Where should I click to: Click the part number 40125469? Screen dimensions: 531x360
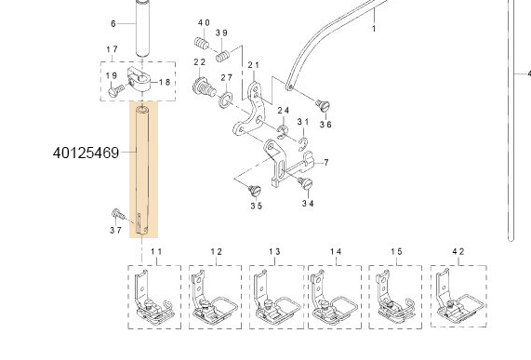pos(86,153)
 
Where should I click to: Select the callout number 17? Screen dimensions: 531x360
pos(113,49)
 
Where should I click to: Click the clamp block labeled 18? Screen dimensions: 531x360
pos(139,79)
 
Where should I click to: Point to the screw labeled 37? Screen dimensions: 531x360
pos(118,214)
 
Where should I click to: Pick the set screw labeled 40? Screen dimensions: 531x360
pos(202,43)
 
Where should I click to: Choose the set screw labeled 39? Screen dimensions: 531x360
pos(223,56)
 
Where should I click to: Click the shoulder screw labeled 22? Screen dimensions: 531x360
pos(204,87)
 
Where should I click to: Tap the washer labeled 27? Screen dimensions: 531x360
pos(225,100)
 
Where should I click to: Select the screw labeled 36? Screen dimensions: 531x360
pos(323,105)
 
